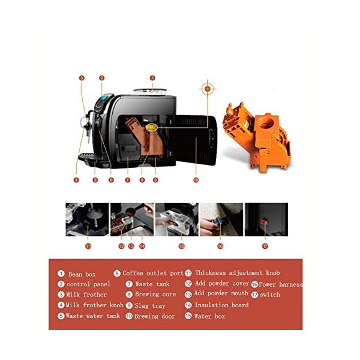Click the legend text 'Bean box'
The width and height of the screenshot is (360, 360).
click(x=82, y=274)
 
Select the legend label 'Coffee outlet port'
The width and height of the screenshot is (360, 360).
click(x=153, y=273)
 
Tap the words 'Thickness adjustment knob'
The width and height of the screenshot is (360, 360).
click(x=238, y=273)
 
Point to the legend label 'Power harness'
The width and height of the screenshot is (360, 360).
click(x=281, y=284)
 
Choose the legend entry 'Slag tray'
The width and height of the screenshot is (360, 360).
click(x=150, y=305)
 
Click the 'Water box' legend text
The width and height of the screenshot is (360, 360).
click(x=209, y=316)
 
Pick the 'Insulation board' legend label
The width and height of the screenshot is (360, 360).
click(x=221, y=305)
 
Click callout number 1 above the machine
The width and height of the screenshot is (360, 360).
click(x=152, y=78)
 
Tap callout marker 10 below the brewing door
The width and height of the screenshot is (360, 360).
click(x=196, y=180)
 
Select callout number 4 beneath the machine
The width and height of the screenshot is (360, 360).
click(x=76, y=180)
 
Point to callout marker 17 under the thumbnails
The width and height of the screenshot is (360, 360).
click(x=265, y=247)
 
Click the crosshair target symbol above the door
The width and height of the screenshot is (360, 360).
click(x=208, y=89)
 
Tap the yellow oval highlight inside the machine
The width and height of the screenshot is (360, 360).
click(x=152, y=127)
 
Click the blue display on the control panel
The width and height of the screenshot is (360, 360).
click(x=104, y=98)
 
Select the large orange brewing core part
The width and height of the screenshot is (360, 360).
click(x=257, y=137)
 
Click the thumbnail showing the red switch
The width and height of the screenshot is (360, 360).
click(x=266, y=219)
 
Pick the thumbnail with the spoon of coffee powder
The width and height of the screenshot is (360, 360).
click(x=132, y=219)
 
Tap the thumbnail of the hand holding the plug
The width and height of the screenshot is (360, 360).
click(x=221, y=219)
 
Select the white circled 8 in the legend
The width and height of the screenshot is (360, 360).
click(x=129, y=295)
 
